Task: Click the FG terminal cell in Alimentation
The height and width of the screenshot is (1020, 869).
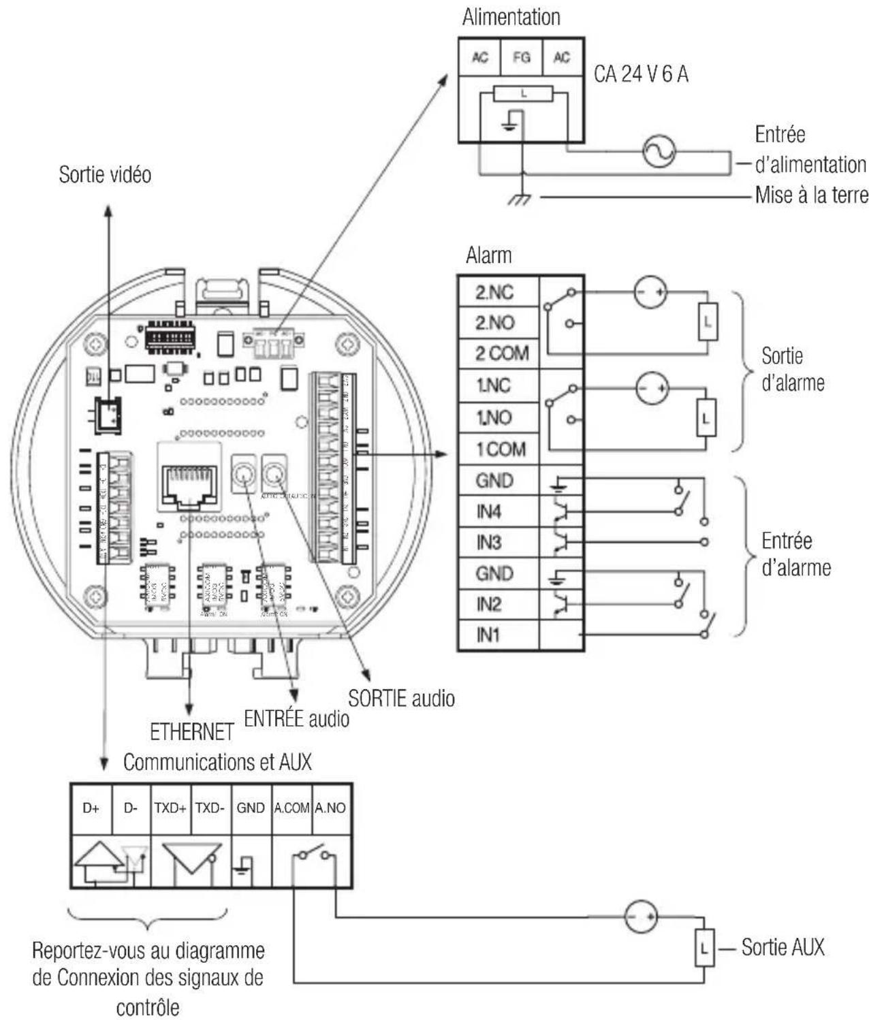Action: click(x=521, y=58)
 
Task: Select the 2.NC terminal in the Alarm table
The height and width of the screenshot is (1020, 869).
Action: click(x=495, y=292)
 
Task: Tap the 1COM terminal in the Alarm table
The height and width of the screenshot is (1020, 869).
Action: click(x=501, y=449)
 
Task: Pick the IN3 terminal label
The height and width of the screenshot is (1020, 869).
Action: click(x=489, y=543)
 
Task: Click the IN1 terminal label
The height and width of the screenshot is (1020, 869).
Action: click(x=488, y=635)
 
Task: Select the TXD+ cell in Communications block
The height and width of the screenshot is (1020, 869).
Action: click(x=170, y=808)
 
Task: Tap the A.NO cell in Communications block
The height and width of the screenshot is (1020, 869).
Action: click(x=330, y=808)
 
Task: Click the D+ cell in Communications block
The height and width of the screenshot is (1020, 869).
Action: click(x=91, y=808)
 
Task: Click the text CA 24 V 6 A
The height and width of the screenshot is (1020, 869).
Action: click(x=641, y=74)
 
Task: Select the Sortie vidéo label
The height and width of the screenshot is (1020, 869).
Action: click(x=105, y=175)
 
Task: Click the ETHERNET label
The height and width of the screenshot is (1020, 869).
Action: click(x=191, y=733)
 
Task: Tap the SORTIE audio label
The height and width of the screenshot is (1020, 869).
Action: click(x=401, y=699)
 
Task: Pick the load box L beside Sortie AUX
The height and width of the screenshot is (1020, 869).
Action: click(x=704, y=948)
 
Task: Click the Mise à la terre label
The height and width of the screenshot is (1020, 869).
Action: click(x=811, y=196)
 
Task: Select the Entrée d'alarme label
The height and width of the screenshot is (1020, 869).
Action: click(x=795, y=554)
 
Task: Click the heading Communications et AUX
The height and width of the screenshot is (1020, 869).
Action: click(x=217, y=763)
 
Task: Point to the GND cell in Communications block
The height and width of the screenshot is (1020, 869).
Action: click(x=251, y=808)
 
